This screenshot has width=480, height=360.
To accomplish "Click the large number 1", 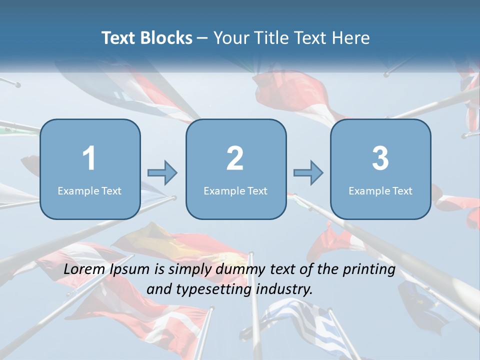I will [x=89, y=158].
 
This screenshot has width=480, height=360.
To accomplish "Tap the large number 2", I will [x=235, y=158].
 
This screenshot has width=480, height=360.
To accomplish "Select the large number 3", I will [x=380, y=158].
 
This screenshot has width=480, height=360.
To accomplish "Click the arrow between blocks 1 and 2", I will [x=162, y=172].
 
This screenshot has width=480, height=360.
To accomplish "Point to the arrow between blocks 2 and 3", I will [x=308, y=172].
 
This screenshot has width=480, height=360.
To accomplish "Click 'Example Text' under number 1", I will [x=89, y=190].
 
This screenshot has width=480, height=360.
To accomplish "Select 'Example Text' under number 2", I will [x=235, y=190].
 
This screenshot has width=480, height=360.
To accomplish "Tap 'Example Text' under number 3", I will [x=380, y=190].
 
